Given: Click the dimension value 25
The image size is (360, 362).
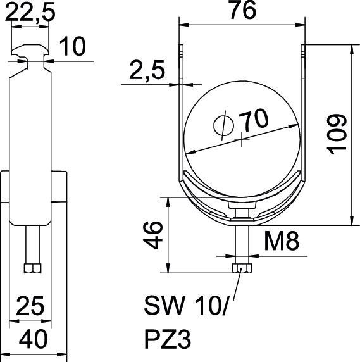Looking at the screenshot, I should coord(30,307).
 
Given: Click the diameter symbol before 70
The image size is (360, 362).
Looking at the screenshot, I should coord(223,124).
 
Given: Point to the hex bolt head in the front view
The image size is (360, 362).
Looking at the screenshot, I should coord(242,269).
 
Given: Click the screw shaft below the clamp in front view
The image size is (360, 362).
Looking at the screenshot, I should coord(242,244).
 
